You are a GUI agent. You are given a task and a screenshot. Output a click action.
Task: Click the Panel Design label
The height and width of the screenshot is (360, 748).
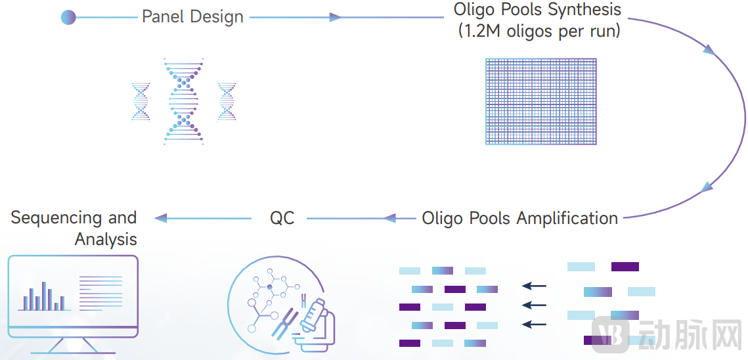(192, 17)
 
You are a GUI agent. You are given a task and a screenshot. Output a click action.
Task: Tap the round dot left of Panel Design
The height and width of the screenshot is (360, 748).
(68, 18)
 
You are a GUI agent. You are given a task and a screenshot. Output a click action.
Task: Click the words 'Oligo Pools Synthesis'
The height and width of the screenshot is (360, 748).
(537, 10)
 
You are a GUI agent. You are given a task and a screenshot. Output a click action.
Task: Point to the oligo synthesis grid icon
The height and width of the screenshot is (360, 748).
(540, 101)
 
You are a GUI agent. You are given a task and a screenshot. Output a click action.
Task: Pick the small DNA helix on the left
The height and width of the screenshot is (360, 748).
(141, 101)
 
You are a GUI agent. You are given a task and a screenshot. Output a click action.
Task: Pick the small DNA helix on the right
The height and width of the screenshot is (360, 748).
(227, 101)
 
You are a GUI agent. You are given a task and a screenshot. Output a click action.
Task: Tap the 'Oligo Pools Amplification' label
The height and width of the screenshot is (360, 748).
(519, 218)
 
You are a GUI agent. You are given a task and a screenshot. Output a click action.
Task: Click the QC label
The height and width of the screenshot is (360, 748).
(282, 218)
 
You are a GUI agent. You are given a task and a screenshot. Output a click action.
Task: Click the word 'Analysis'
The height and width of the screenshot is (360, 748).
(106, 238)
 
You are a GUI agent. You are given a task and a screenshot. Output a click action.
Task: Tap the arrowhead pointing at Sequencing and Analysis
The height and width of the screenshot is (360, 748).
(160, 218)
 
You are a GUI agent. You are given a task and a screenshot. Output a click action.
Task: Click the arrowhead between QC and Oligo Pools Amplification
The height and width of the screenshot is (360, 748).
(390, 218)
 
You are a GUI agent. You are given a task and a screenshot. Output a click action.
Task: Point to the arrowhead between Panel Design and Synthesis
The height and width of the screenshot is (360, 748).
(335, 18)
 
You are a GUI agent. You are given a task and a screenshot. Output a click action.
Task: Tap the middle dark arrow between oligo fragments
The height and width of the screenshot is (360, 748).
(535, 305)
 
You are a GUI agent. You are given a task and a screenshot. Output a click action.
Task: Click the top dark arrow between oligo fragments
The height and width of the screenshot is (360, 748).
(535, 286)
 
